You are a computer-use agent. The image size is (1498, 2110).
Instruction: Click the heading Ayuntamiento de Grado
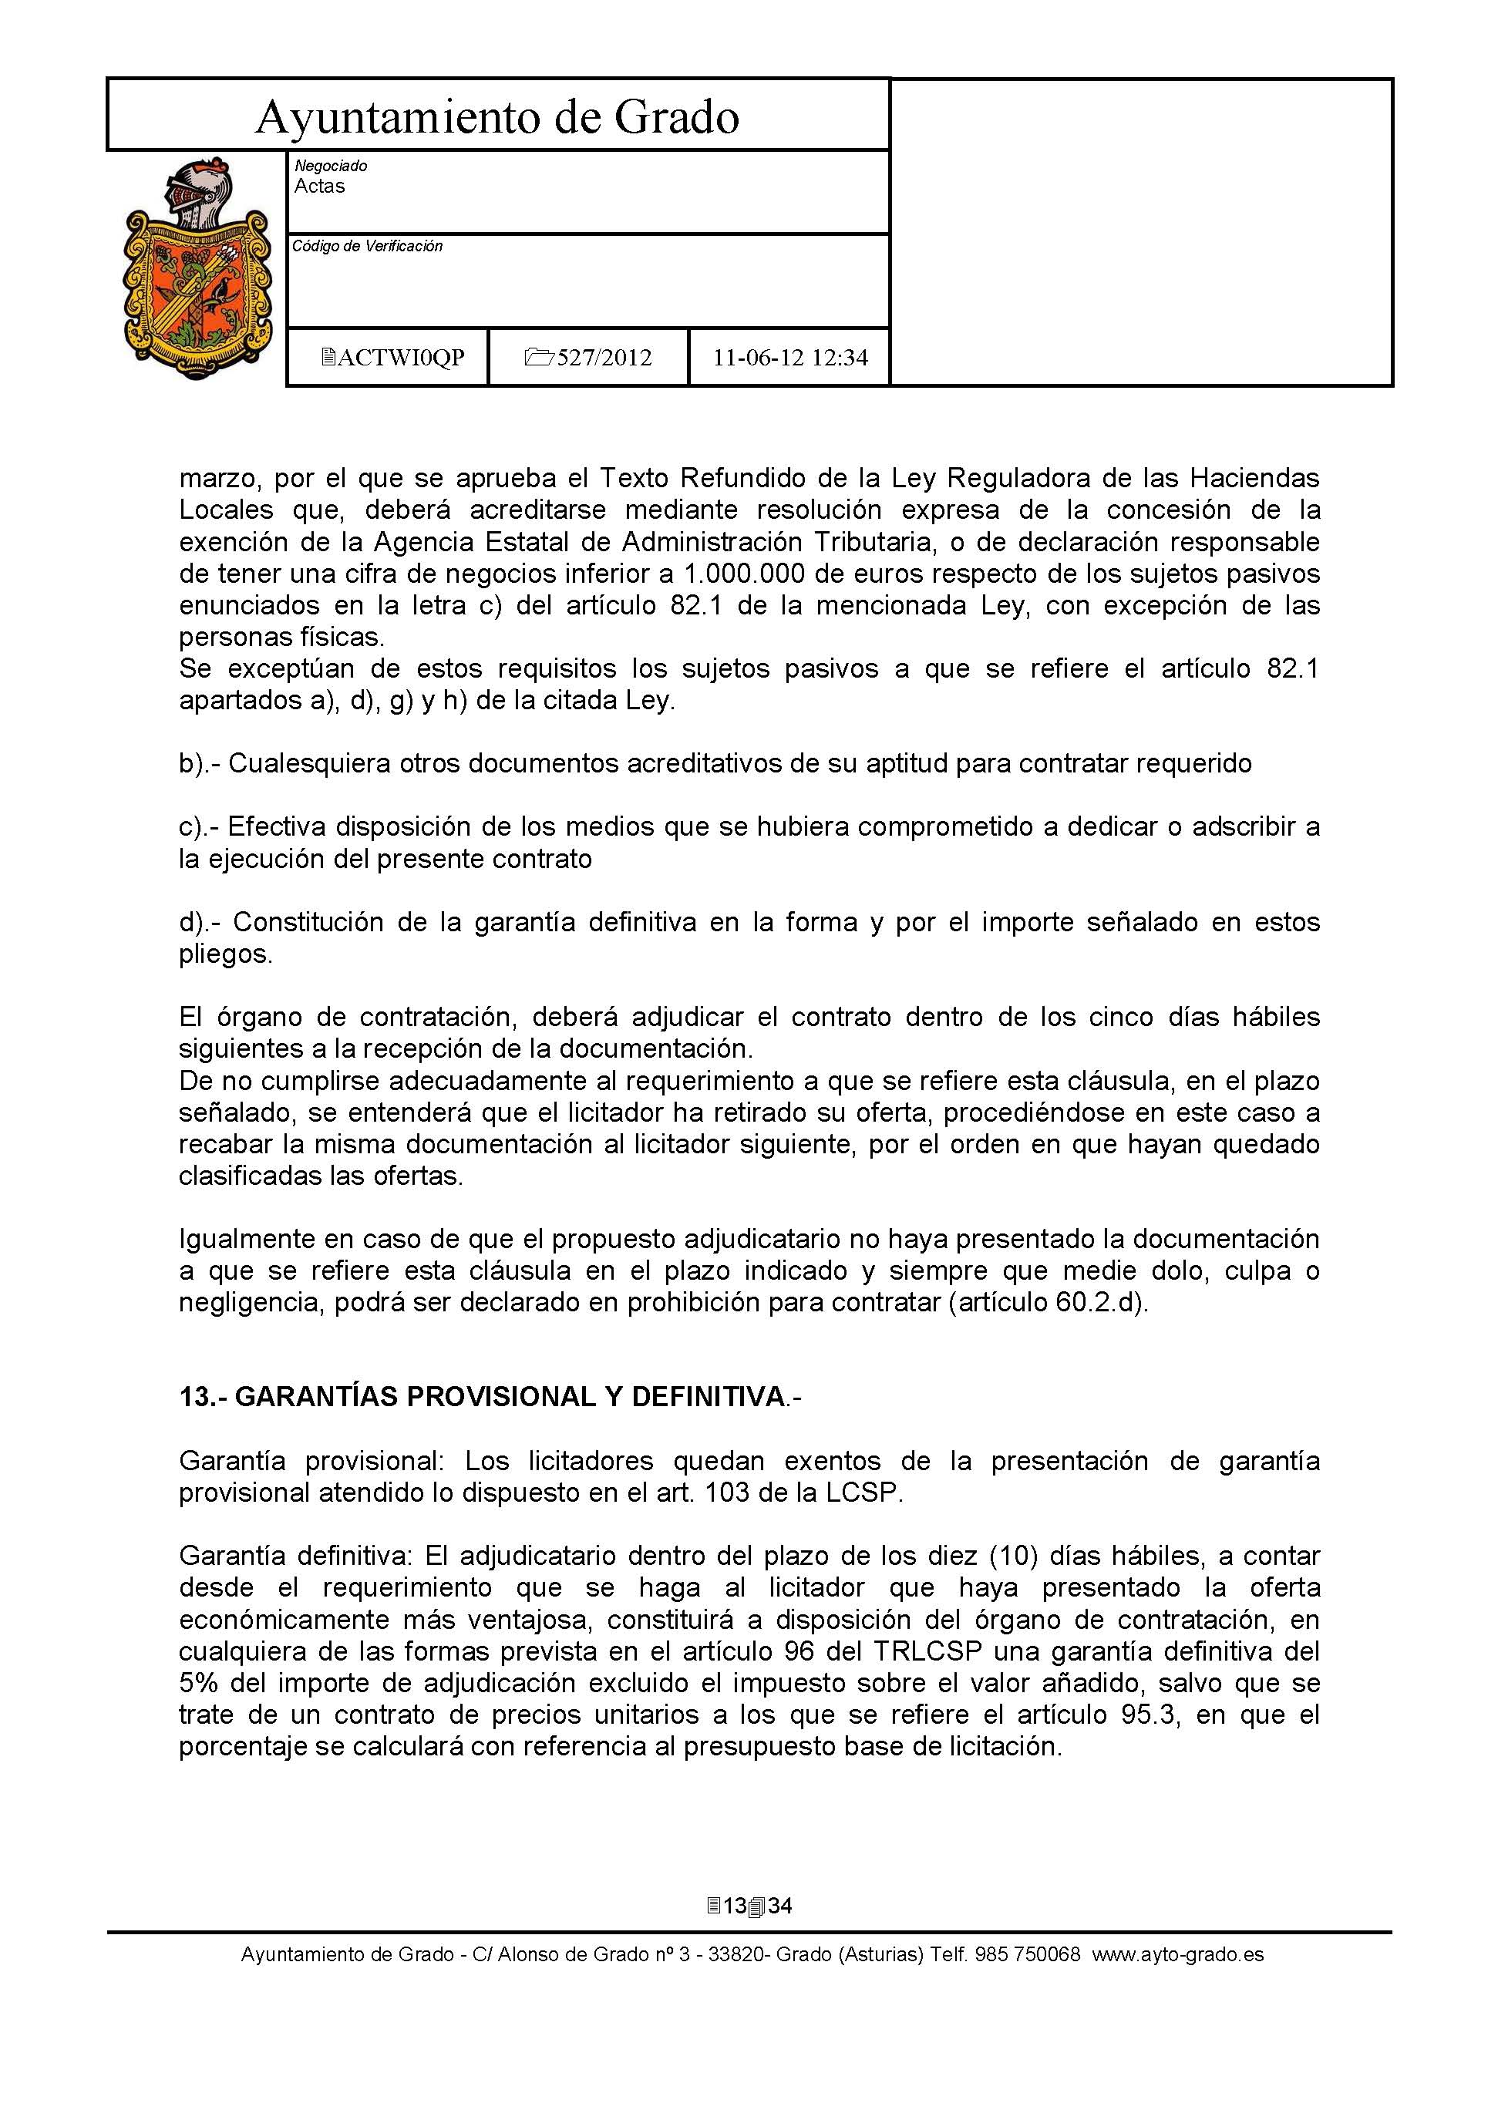pyautogui.click(x=497, y=117)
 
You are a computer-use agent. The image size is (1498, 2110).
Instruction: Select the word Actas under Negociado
pyautogui.click(x=319, y=187)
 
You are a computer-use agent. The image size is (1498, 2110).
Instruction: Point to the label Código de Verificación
pyautogui.click(x=367, y=246)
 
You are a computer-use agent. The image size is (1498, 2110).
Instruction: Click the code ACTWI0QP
pyautogui.click(x=393, y=358)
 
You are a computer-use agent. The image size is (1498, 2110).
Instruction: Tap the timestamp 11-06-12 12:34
pyautogui.click(x=789, y=358)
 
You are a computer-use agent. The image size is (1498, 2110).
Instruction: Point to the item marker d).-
pyautogui.click(x=201, y=922)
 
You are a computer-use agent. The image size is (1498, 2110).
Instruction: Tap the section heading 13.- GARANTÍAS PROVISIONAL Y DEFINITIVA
pyautogui.click(x=490, y=1397)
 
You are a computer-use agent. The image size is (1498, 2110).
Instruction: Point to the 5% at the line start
pyautogui.click(x=198, y=1684)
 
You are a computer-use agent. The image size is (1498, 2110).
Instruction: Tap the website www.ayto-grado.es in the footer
pyautogui.click(x=1178, y=1955)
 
